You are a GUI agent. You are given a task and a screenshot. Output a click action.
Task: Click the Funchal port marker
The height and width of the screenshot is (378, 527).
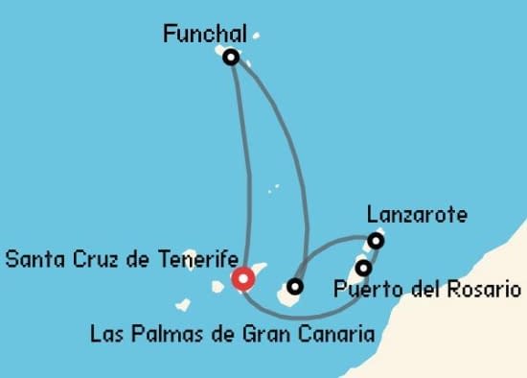pyautogui.click(x=230, y=57)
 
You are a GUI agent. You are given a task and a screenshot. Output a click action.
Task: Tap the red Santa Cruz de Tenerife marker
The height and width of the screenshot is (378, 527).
pyautogui.click(x=243, y=279)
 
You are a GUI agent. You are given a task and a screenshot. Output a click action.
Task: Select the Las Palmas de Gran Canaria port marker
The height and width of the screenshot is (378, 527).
pyautogui.click(x=295, y=286)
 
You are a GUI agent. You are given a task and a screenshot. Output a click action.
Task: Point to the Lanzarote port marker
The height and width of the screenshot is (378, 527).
pyautogui.click(x=377, y=240)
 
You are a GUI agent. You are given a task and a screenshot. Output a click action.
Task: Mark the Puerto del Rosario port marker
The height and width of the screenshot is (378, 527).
pyautogui.click(x=364, y=267)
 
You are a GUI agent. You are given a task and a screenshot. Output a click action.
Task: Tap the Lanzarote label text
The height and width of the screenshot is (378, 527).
pyautogui.click(x=417, y=214)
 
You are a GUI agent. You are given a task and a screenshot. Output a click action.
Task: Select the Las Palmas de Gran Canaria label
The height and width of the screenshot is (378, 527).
pyautogui.click(x=231, y=335)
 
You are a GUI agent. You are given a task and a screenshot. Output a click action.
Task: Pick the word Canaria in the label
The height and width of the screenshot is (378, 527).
pyautogui.click(x=337, y=335)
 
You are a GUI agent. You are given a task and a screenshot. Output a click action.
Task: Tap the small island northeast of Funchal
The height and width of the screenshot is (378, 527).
pyautogui.click(x=256, y=38)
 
